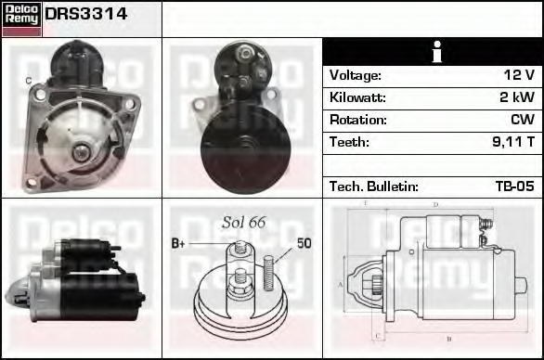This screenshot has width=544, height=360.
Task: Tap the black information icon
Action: pyautogui.click(x=433, y=52)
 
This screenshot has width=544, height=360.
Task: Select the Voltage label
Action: pyautogui.click(x=355, y=75)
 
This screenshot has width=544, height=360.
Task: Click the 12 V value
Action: pyautogui.click(x=519, y=75)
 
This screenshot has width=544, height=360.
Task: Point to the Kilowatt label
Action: pyautogui.click(x=357, y=97)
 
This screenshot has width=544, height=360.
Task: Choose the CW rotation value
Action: pyautogui.click(x=523, y=120)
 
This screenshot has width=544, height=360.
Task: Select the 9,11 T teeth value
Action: pyautogui.click(x=512, y=142)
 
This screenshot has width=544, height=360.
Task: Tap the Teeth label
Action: pyautogui.click(x=349, y=142)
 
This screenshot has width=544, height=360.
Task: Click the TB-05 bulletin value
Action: pyautogui.click(x=514, y=186)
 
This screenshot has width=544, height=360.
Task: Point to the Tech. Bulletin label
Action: pyautogui.click(x=374, y=186)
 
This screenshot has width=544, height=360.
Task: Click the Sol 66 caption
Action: pyautogui.click(x=244, y=222)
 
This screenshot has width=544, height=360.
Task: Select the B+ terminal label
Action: pyautogui.click(x=179, y=244)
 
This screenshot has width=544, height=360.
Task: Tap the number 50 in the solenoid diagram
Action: pyautogui.click(x=304, y=243)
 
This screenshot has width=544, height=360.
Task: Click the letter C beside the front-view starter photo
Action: pyautogui.click(x=28, y=82)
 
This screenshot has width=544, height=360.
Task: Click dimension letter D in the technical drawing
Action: pyautogui.click(x=436, y=205)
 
